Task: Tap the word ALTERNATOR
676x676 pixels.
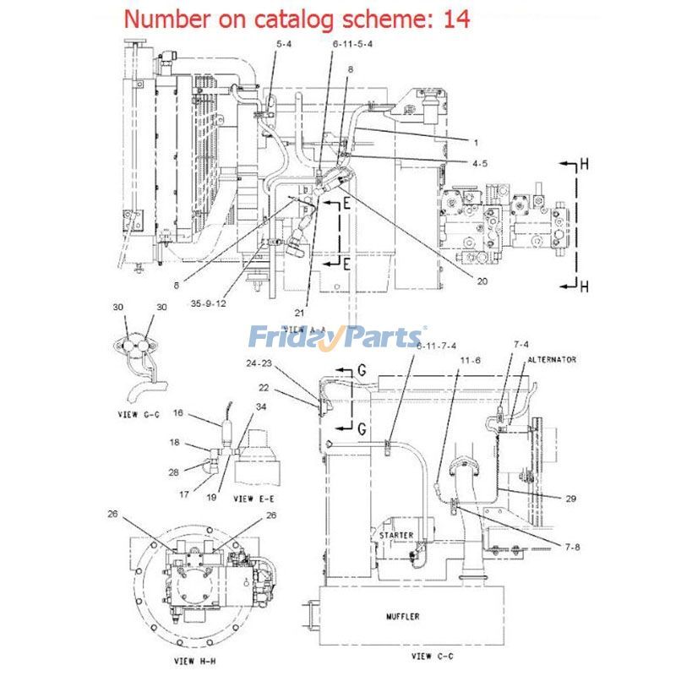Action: [x=552, y=359]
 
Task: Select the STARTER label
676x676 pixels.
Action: [x=395, y=535]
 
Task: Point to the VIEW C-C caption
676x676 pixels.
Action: [x=432, y=656]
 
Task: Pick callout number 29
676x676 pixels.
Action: [x=571, y=499]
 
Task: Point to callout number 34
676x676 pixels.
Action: [x=261, y=407]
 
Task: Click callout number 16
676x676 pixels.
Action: [x=178, y=412]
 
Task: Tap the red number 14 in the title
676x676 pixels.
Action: [x=456, y=19]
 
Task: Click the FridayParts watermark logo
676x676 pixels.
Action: [x=338, y=338]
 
